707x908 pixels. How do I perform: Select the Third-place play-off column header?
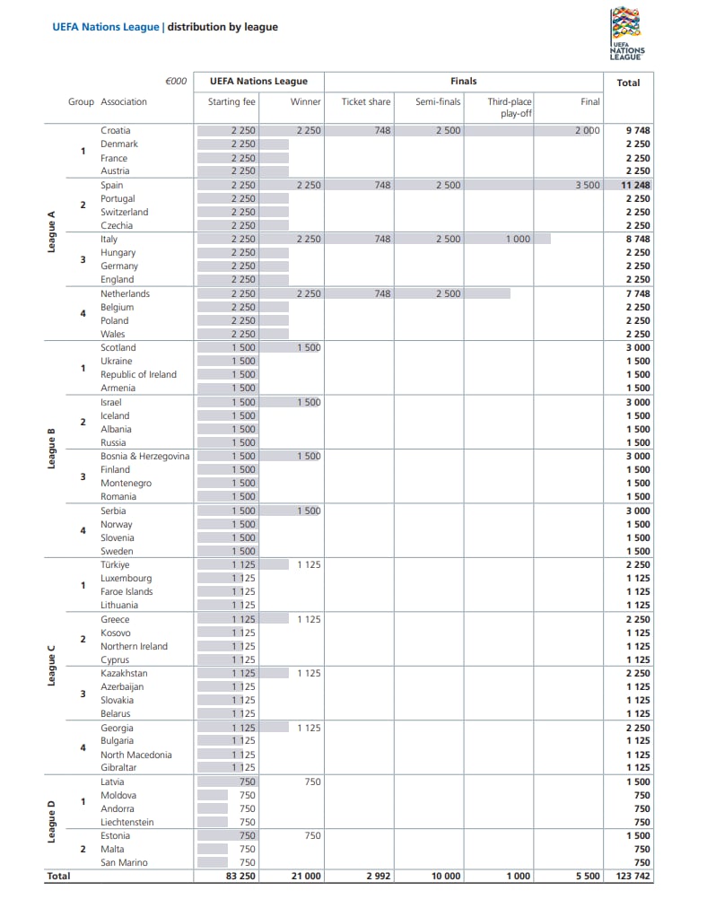pos(510,108)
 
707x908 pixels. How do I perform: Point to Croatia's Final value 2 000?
pos(587,131)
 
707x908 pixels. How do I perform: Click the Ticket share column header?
pos(366,102)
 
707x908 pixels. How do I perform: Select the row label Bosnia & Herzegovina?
pos(145,456)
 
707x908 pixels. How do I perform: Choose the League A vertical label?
pos(52,232)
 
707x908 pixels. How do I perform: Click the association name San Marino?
pos(124,862)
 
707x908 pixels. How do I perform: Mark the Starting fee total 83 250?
pos(238,877)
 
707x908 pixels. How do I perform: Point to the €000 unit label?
pos(176,82)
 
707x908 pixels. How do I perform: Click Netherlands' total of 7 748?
pos(637,293)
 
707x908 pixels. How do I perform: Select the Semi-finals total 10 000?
pos(445,877)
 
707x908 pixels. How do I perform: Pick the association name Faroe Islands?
pos(127,591)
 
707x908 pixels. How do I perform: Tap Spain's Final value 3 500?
pos(587,185)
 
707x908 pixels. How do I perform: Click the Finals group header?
pos(463,82)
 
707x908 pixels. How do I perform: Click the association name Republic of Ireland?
pos(138,374)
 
